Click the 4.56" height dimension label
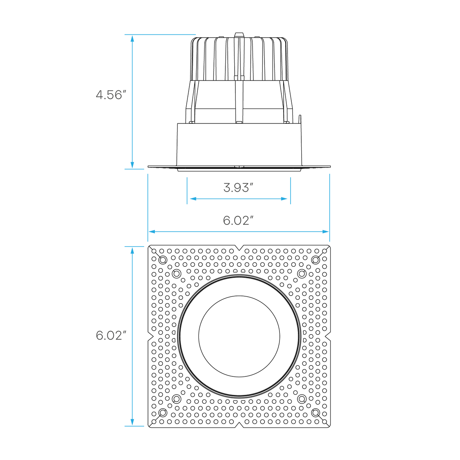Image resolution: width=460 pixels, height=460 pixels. pos(111,95)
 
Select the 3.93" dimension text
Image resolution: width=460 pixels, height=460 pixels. pos(238,187)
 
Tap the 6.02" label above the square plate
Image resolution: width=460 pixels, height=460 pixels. pos(238,220)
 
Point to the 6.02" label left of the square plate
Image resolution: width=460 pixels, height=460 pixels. pos(111,335)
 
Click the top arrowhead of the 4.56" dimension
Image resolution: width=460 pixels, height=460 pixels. pos(132,38)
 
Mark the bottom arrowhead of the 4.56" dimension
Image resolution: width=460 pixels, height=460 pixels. pos(132,165)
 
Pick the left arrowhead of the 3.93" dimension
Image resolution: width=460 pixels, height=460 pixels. pos(193,199)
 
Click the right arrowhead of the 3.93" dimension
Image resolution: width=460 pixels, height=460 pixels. pos(284,199)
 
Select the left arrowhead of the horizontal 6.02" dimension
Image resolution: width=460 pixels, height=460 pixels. pos(152,232)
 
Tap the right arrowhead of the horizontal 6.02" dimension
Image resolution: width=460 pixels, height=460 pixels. pos(325,232)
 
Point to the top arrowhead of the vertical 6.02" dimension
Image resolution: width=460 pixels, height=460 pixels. pos(132,250)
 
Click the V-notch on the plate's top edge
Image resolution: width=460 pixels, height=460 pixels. pos(239,248)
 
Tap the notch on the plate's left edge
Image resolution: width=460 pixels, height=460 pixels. pos(150,336)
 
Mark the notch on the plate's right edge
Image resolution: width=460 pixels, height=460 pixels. pos(328,336)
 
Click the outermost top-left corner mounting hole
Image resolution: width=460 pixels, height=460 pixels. pos(163,260)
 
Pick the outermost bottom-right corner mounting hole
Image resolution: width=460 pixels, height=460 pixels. pos(315,412)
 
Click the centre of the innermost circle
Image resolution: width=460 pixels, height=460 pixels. pos(239,336)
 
